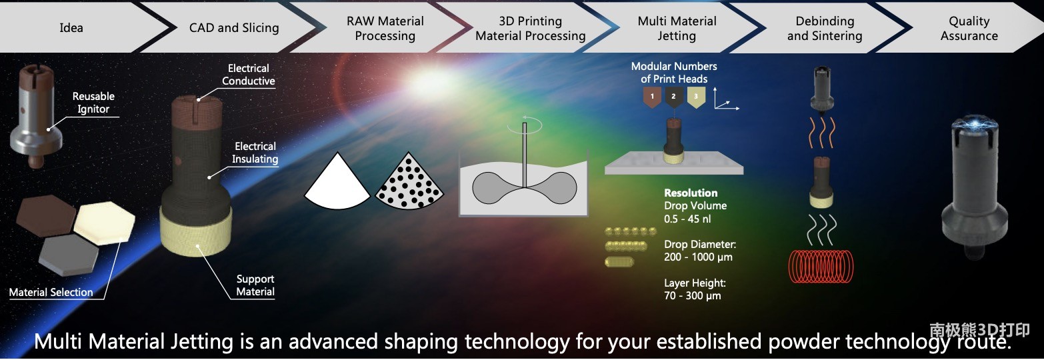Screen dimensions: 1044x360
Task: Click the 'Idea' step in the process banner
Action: (71, 28)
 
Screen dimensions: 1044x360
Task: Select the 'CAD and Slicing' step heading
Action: (234, 28)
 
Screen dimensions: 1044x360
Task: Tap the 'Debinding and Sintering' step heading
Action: (825, 29)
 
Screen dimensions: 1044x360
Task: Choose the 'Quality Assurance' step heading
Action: (969, 29)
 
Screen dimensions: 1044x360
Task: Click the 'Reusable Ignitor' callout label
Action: (93, 103)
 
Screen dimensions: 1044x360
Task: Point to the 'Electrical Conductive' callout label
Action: (249, 75)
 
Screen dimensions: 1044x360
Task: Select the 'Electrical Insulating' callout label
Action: (255, 153)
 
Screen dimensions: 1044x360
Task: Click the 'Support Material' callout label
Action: (255, 285)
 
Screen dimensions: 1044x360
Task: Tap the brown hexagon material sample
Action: (46, 215)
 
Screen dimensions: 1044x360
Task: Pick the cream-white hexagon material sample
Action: (105, 223)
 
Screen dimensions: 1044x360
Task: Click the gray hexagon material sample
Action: (69, 255)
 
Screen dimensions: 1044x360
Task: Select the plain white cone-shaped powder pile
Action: (337, 182)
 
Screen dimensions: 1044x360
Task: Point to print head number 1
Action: (652, 97)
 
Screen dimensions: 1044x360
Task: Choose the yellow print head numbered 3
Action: (696, 97)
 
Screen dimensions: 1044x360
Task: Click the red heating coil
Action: (820, 266)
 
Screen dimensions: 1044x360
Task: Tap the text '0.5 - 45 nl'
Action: (687, 219)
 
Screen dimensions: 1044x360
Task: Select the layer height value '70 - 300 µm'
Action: (693, 295)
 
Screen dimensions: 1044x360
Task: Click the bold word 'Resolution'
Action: (691, 193)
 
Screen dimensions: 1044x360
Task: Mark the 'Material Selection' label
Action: (51, 293)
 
